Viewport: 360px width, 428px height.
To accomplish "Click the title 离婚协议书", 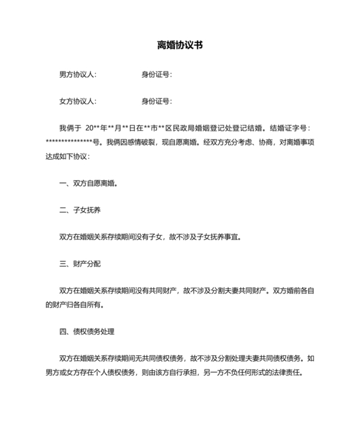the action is [180, 46].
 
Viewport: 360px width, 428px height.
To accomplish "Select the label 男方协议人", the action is [77, 75].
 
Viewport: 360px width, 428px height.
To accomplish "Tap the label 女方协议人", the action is [77, 101].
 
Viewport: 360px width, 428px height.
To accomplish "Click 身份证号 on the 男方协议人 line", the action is [156, 75].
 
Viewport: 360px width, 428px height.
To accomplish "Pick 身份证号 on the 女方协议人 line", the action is [156, 101].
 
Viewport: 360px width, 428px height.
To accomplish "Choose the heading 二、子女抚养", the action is [80, 210].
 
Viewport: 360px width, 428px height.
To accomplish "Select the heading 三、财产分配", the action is [80, 263].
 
